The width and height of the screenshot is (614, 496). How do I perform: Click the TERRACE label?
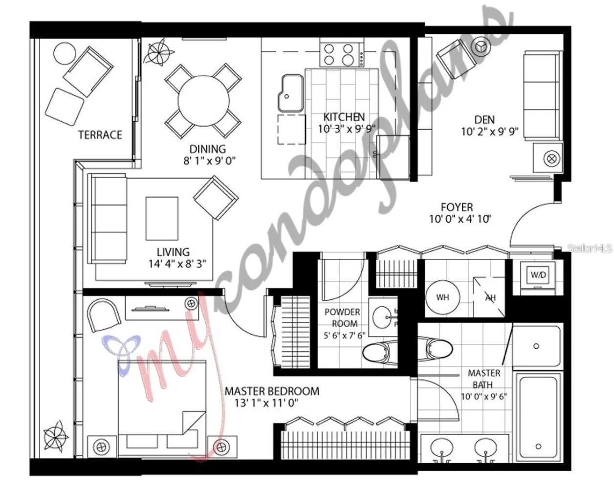100,135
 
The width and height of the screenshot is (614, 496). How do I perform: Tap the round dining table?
203,101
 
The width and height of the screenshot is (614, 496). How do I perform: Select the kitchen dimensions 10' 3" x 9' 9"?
347,129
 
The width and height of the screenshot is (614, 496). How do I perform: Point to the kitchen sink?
290,93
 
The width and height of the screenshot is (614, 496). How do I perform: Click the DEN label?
484,119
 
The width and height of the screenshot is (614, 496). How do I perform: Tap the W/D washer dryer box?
538,275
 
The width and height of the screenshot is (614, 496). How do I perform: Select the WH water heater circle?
443,297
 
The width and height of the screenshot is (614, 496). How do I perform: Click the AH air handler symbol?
489,297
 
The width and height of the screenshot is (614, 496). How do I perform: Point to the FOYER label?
457,207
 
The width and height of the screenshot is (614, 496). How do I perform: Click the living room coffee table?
162,218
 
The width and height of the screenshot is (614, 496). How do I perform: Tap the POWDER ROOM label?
343,317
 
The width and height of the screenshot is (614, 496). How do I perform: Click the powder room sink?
382,317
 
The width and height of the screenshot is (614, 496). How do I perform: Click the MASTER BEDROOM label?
272,391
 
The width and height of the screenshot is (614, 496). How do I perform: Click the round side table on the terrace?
65,54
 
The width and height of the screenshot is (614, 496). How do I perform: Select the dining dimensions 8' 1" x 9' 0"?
210,160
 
